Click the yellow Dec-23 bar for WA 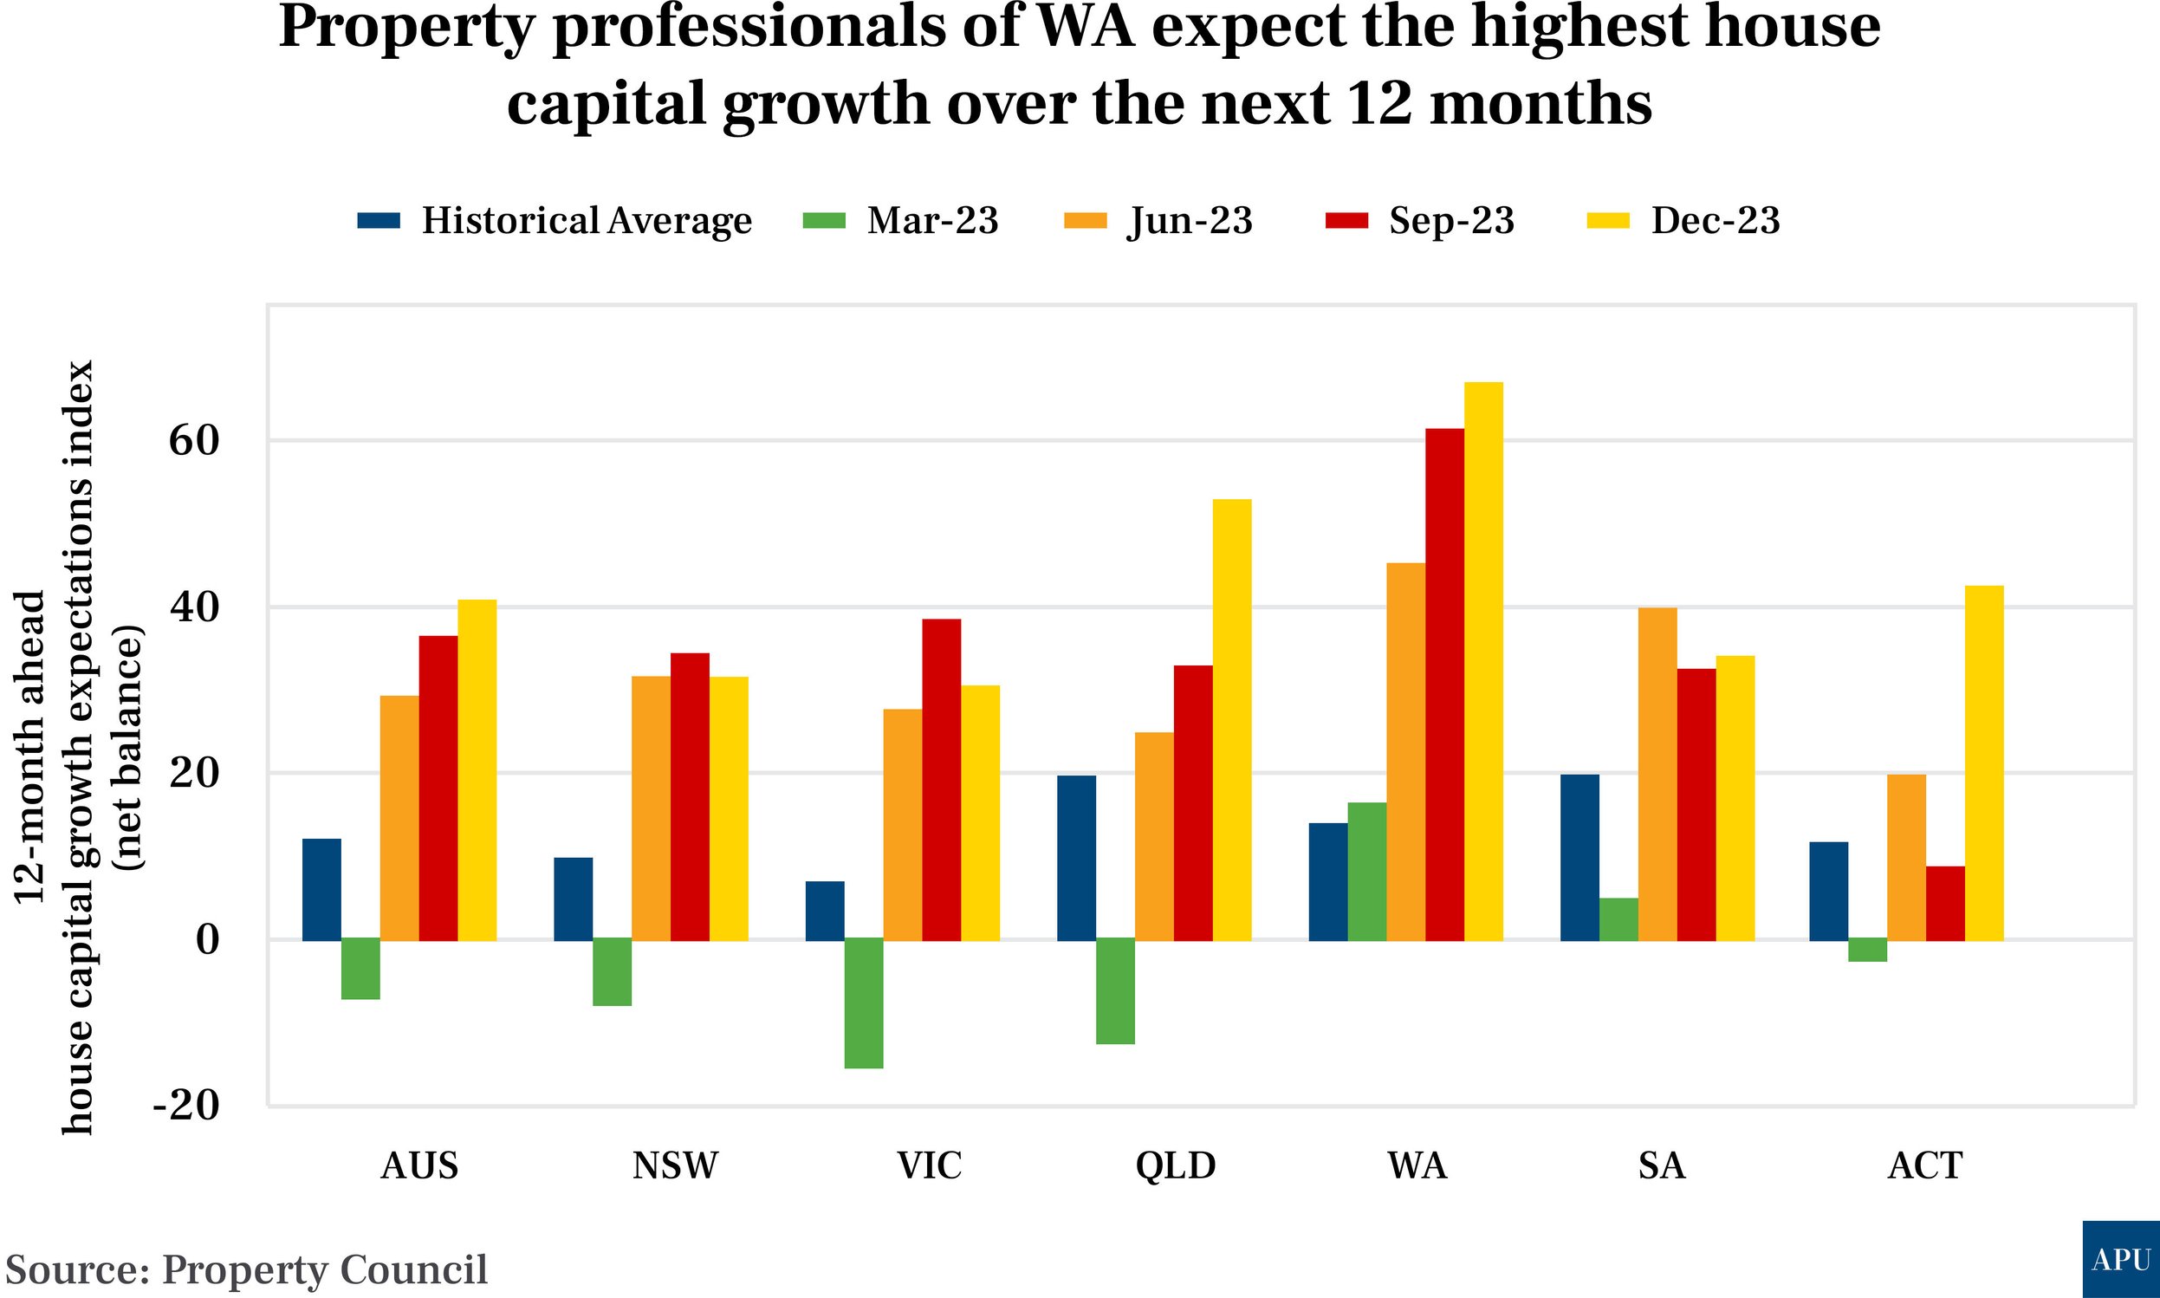[x=1483, y=661]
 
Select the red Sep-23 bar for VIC [x=941, y=779]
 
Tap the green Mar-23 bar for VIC [x=864, y=1003]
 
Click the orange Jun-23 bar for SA [x=1657, y=774]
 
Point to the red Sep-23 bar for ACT [x=1945, y=904]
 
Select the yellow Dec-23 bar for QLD [x=1231, y=720]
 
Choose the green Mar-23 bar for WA [x=1366, y=871]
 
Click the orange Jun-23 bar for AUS [x=399, y=818]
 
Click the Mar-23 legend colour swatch [x=824, y=220]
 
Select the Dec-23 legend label [x=1714, y=220]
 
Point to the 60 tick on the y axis [x=194, y=441]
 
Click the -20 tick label [x=186, y=1106]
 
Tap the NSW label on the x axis [x=674, y=1166]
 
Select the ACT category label [x=1923, y=1166]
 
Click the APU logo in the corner [x=2121, y=1260]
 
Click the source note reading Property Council [x=247, y=1270]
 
